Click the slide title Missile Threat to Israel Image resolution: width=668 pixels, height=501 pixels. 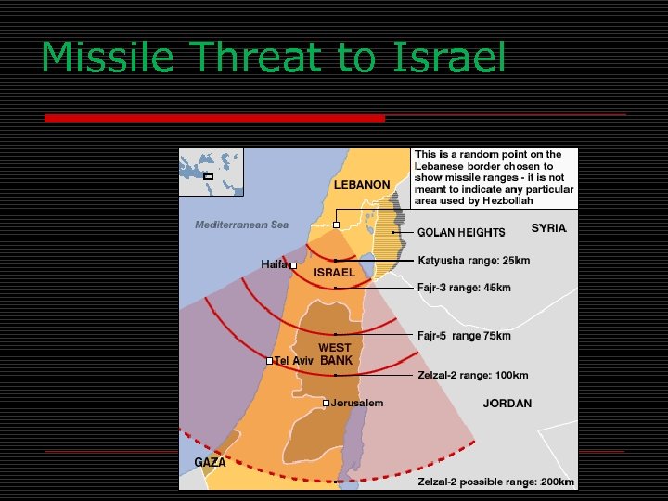pyautogui.click(x=274, y=58)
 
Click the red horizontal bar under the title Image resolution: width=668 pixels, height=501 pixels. pyautogui.click(x=214, y=119)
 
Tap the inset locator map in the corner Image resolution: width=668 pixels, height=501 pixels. pyautogui.click(x=211, y=173)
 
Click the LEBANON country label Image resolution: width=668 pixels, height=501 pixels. pyautogui.click(x=362, y=185)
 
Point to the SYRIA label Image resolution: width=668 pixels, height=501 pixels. pyautogui.click(x=548, y=228)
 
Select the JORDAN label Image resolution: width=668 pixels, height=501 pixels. pyautogui.click(x=507, y=404)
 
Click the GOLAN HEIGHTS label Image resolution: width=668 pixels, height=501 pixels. pyautogui.click(x=461, y=232)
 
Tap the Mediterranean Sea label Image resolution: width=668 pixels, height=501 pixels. pyautogui.click(x=242, y=225)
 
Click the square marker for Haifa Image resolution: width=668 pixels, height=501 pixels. pyautogui.click(x=293, y=266)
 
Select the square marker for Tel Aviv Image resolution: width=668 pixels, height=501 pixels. pyautogui.click(x=269, y=361)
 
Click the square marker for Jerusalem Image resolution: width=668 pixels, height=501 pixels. pyautogui.click(x=327, y=403)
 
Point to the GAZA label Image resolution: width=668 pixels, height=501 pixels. pyautogui.click(x=210, y=462)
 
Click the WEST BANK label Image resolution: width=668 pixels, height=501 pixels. pyautogui.click(x=335, y=354)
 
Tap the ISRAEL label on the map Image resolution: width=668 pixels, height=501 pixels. pyautogui.click(x=334, y=273)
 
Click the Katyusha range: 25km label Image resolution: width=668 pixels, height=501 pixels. pyautogui.click(x=474, y=261)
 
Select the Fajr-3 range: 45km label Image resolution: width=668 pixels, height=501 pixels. pyautogui.click(x=464, y=288)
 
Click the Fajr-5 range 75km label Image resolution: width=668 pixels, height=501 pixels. pyautogui.click(x=464, y=335)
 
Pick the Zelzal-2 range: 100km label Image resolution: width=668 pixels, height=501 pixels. pyautogui.click(x=473, y=376)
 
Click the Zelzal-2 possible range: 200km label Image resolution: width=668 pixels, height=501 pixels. pyautogui.click(x=495, y=482)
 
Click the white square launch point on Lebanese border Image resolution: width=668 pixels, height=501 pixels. pyautogui.click(x=336, y=225)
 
